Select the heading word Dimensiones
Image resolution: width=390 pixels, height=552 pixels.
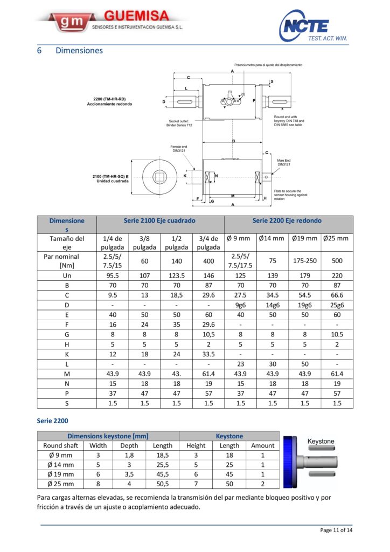pos(79,51)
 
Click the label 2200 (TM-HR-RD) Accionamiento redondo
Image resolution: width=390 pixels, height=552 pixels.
pos(109,101)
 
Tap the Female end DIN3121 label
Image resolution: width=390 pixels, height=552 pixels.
pos(179,149)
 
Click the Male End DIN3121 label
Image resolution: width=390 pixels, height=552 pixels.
pos(284,162)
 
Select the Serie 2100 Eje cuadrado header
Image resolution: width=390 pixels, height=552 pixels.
pos(160,220)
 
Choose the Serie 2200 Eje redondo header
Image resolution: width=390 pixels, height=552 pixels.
pos(288,220)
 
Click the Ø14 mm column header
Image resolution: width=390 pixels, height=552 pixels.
pos(272,239)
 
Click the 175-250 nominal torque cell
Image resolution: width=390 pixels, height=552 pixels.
pos(304,260)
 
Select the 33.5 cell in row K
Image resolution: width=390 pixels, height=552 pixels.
pos(208,355)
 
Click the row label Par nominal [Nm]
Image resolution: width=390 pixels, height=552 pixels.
pos(67,260)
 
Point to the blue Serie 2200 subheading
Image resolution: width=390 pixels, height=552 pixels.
pos(53,420)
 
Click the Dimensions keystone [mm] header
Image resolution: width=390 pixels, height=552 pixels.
pos(108,436)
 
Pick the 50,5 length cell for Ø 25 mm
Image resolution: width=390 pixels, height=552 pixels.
pos(162,484)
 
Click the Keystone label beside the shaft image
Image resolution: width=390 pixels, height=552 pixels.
pos(321,441)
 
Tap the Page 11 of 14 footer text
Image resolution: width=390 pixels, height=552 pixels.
pos(336,530)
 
